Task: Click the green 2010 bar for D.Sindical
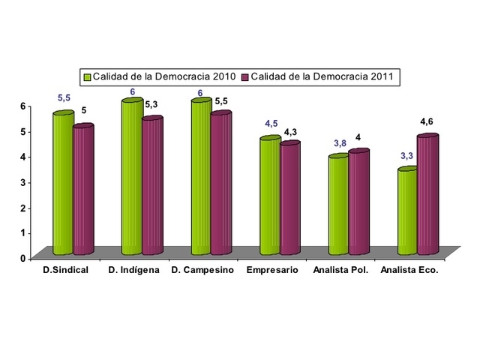(x=63, y=184)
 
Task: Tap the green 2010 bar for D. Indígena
(x=132, y=176)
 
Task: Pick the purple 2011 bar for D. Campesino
(x=221, y=183)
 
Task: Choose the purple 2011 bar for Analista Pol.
(x=359, y=202)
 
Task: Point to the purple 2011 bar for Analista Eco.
(x=427, y=195)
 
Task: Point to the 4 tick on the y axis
(x=22, y=157)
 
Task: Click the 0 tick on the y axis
(x=22, y=258)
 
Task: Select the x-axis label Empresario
(x=272, y=270)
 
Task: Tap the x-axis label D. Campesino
(x=203, y=270)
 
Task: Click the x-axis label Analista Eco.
(x=409, y=270)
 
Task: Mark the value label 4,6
(x=427, y=121)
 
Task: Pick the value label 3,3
(x=405, y=155)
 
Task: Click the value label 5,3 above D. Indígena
(x=151, y=104)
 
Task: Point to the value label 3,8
(x=340, y=143)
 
